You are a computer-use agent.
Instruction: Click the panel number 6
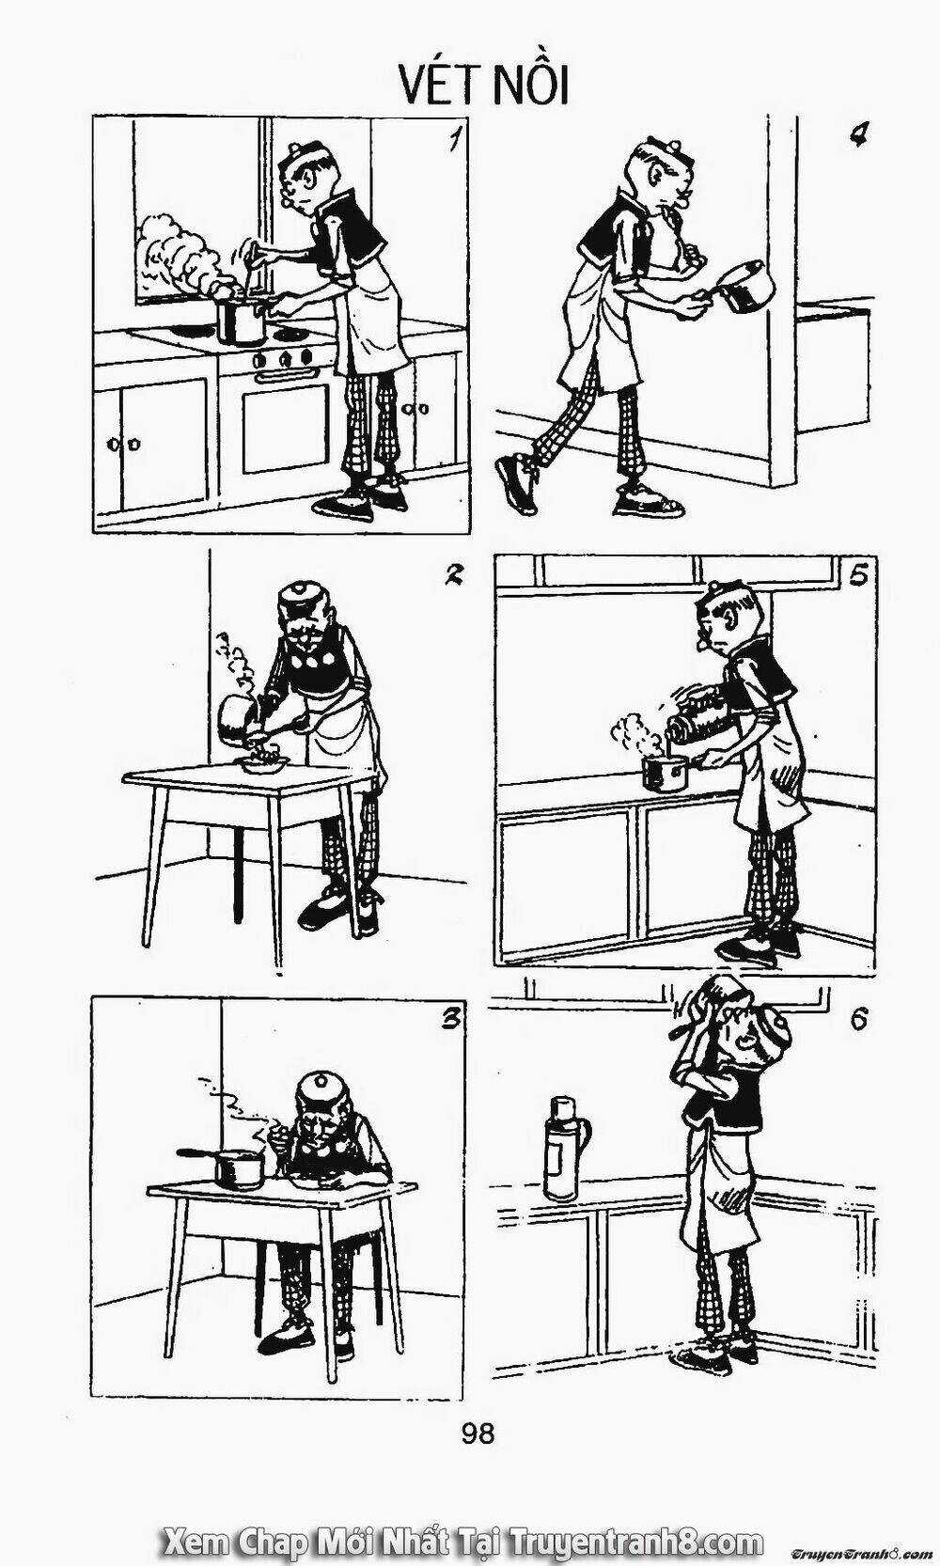[859, 1020]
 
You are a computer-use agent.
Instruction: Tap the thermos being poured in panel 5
[703, 718]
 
